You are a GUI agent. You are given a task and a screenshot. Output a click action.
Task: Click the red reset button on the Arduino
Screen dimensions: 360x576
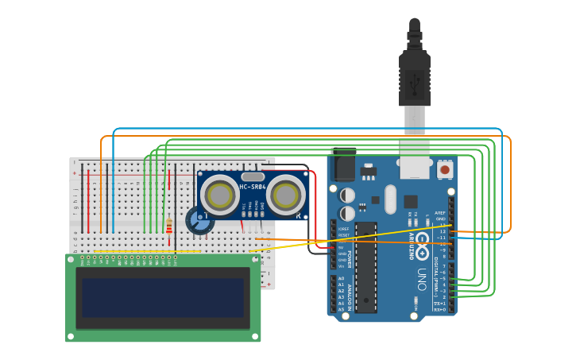(445, 169)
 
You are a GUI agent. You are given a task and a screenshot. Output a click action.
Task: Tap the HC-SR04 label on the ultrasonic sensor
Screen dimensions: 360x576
(253, 188)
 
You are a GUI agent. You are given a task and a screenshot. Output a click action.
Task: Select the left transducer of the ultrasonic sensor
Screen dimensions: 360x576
(218, 193)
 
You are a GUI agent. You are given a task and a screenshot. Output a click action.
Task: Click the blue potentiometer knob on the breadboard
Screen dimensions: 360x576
(199, 220)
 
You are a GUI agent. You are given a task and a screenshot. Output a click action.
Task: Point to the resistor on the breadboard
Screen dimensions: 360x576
(168, 227)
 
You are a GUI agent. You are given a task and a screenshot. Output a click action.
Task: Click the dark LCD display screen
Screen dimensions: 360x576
(163, 297)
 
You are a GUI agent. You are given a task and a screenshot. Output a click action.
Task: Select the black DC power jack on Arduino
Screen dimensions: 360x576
(343, 165)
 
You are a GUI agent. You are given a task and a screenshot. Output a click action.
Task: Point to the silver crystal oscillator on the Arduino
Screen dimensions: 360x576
(390, 199)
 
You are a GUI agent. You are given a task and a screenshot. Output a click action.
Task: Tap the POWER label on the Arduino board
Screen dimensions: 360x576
(350, 259)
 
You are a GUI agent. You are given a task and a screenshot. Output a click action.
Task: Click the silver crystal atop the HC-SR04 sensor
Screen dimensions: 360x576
(253, 176)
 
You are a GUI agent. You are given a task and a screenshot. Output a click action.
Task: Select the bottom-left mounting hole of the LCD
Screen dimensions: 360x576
(71, 337)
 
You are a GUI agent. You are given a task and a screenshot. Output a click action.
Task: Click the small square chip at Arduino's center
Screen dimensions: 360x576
(411, 202)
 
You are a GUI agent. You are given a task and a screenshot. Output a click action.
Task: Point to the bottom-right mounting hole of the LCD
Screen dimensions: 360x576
(255, 337)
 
